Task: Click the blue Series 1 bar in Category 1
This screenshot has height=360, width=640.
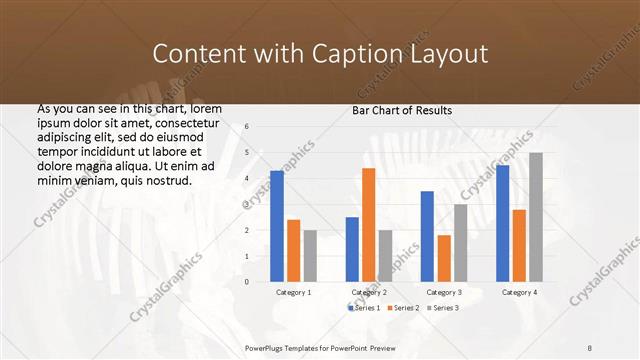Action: (277, 226)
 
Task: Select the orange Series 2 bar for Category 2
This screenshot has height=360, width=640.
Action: (369, 225)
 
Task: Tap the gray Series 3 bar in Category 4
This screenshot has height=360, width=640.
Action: (536, 217)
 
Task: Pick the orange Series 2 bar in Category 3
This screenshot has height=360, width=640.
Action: (444, 258)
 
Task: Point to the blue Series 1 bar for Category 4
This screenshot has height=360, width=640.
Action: (502, 223)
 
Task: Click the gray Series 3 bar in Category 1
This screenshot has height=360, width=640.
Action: (310, 256)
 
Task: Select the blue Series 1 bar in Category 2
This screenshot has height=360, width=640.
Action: (352, 249)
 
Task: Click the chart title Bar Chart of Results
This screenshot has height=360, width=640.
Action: (402, 110)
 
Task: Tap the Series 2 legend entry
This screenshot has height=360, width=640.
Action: (403, 307)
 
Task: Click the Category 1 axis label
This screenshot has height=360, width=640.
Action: (293, 292)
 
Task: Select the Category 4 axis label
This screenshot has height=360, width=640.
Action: (519, 292)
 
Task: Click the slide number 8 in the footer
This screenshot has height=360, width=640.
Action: (590, 347)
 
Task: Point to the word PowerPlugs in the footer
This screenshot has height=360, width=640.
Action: (268, 347)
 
